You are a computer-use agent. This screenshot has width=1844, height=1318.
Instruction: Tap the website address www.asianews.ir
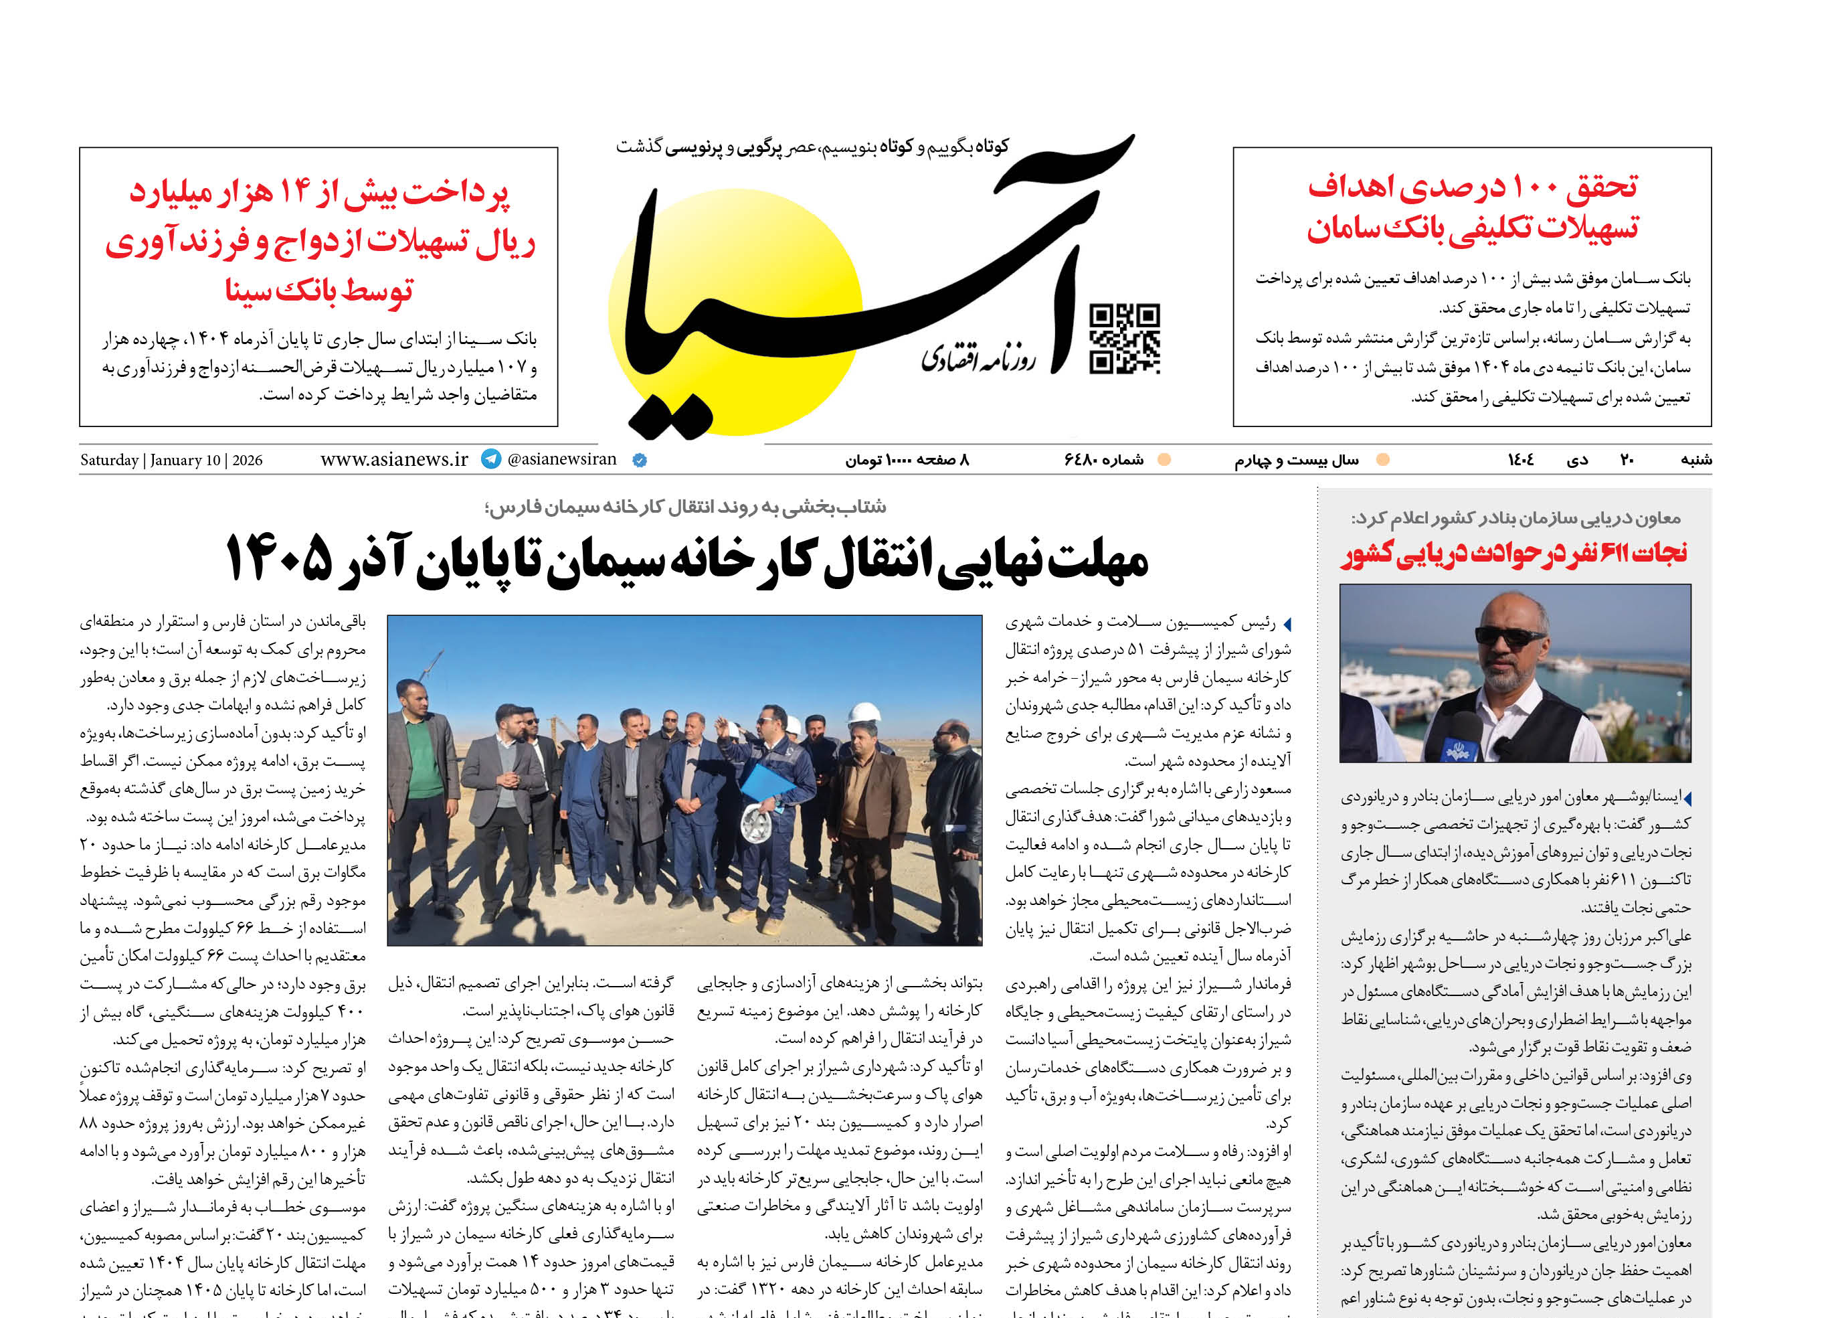[x=394, y=459]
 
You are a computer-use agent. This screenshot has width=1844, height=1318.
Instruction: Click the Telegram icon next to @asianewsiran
[x=491, y=459]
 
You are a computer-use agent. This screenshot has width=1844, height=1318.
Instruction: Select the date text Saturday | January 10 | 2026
[x=171, y=460]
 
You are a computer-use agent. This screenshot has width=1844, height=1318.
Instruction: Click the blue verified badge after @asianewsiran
[x=639, y=460]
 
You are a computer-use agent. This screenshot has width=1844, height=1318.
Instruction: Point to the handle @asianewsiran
[x=561, y=459]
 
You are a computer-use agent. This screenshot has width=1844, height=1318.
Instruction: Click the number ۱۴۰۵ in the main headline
[x=278, y=558]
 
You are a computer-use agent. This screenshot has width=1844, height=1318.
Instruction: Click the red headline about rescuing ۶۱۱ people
[x=1514, y=554]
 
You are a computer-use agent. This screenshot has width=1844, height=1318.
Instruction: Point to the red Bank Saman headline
[x=1473, y=208]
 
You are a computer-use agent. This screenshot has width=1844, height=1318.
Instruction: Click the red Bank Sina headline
[x=320, y=241]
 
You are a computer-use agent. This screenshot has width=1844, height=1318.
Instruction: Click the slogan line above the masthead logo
[x=812, y=147]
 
